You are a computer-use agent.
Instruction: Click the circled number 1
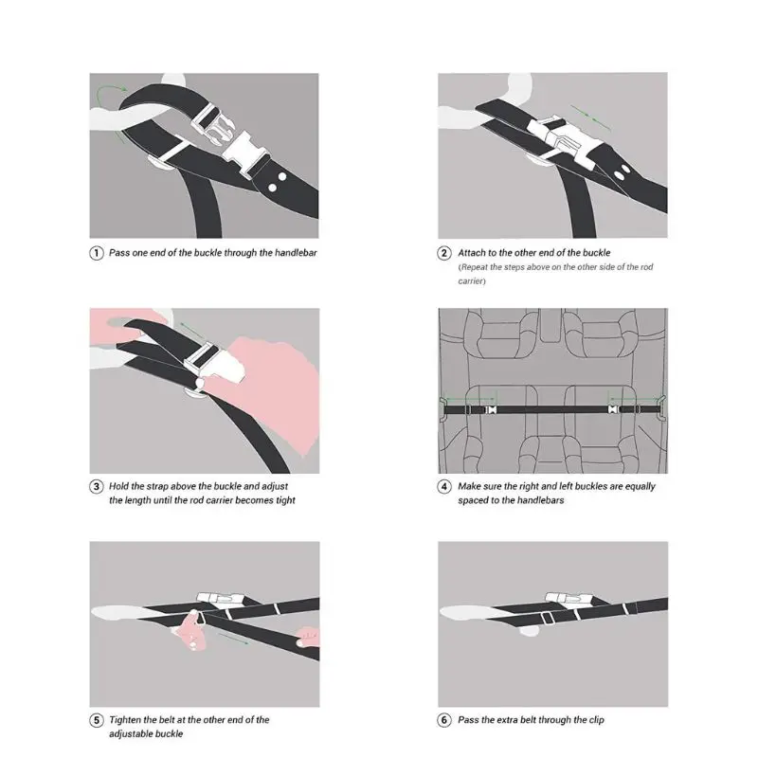coord(97,253)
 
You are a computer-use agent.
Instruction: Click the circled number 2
coord(444,253)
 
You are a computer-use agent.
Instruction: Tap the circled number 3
coord(97,486)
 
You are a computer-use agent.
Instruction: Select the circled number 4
coord(444,486)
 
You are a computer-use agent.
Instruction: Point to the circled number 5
coord(97,720)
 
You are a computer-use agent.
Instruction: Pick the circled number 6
coord(444,720)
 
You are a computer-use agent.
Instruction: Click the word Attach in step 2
coord(473,253)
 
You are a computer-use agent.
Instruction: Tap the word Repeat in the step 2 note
coord(477,267)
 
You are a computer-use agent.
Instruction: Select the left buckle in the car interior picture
coord(491,410)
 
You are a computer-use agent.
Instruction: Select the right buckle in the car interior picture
coord(612,410)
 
